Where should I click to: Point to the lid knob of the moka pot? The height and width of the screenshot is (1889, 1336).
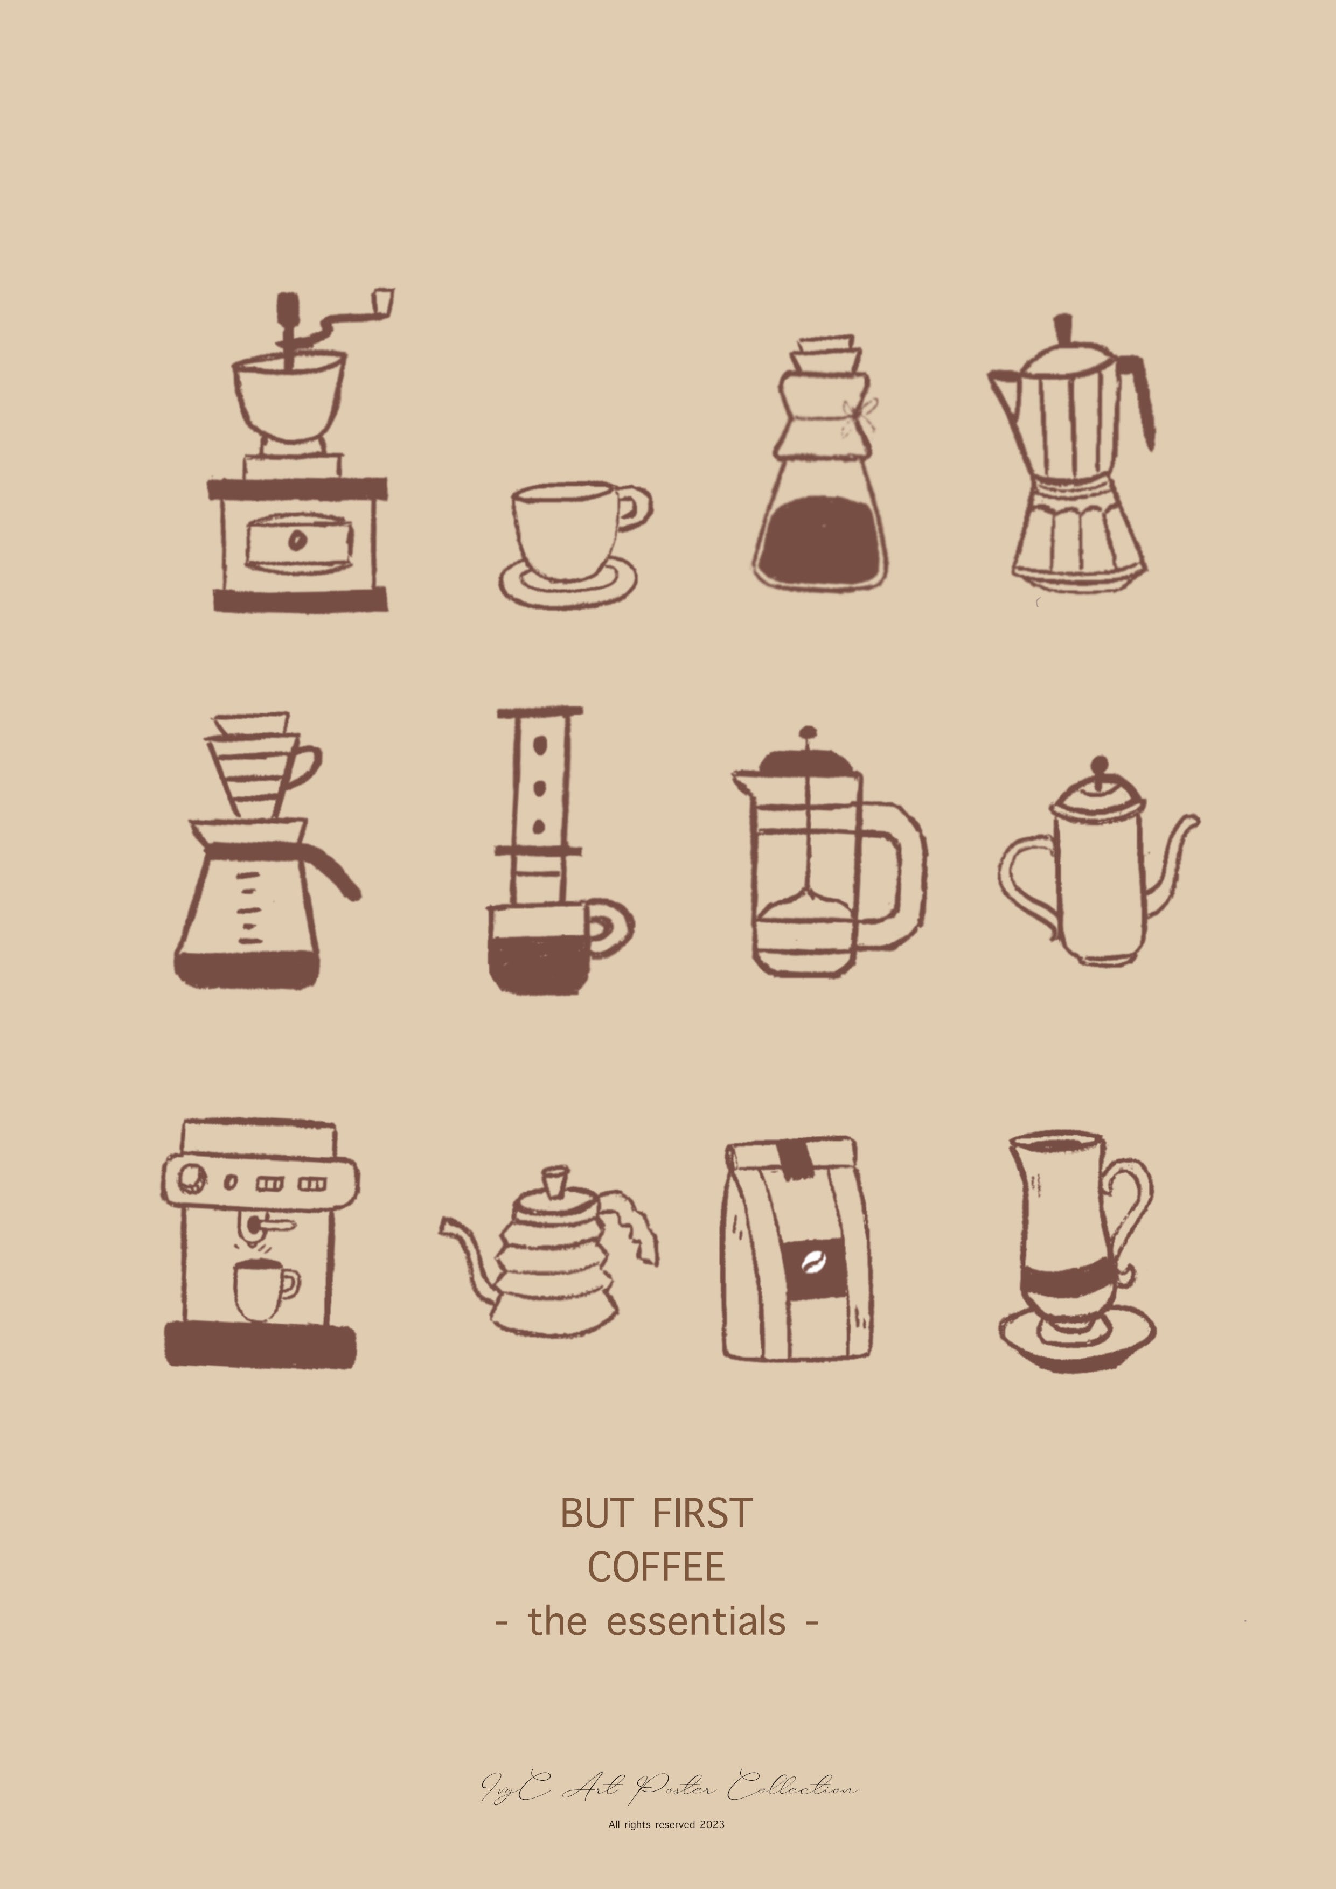1063,327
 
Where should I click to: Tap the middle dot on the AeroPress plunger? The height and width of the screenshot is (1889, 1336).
540,788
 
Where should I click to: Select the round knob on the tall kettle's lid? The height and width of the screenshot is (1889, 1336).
1100,766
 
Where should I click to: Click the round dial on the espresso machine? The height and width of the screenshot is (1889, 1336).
193,1177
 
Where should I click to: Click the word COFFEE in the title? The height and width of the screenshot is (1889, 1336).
656,1568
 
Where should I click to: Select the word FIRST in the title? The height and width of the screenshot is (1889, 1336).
702,1514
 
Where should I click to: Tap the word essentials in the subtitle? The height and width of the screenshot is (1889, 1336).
695,1621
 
